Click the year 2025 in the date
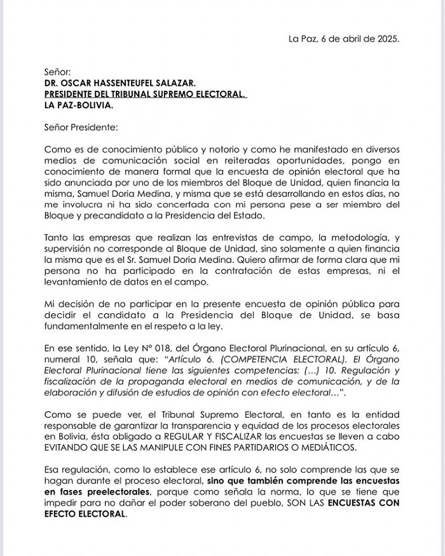(x=387, y=38)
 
